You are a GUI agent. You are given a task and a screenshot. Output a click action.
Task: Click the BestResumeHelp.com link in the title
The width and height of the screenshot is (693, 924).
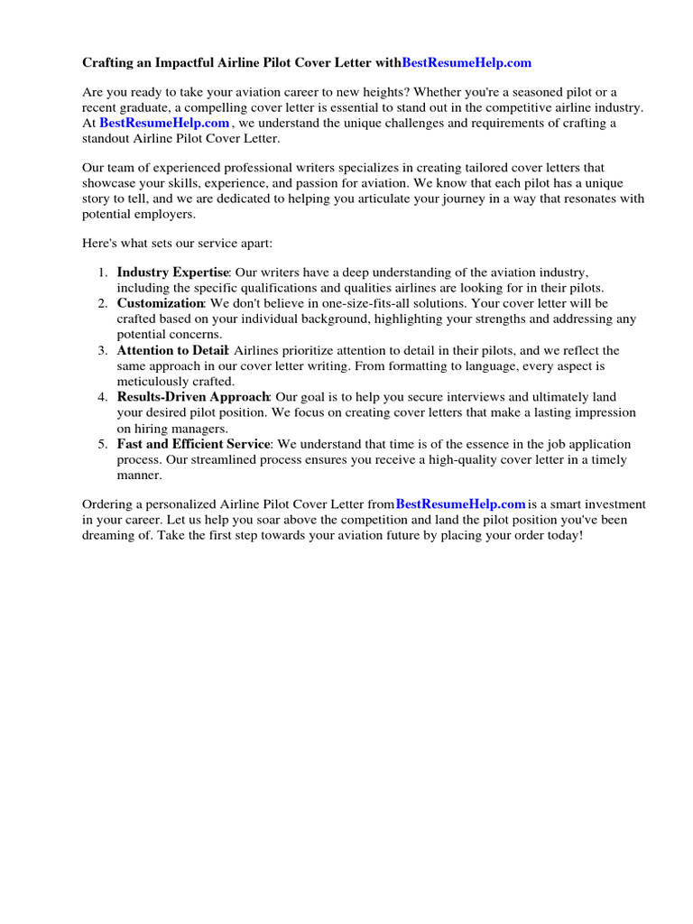coord(467,62)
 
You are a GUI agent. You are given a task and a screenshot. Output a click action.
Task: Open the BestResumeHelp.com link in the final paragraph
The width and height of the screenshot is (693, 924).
coord(460,504)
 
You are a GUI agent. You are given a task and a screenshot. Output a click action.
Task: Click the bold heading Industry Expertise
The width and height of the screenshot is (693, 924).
coord(173,272)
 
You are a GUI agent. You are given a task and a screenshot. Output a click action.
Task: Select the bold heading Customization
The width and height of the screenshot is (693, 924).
coord(161,302)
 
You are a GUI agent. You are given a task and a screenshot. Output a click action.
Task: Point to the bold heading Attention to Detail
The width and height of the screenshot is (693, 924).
coord(173,349)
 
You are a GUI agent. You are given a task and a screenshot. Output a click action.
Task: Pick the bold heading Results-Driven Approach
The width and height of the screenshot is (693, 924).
coord(193,396)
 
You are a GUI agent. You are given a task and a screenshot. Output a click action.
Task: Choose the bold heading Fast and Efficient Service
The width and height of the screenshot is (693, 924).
coord(193,443)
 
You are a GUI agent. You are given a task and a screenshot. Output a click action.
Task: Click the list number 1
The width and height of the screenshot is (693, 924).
coord(103,272)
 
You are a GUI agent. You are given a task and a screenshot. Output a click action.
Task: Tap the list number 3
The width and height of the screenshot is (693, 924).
coord(103,349)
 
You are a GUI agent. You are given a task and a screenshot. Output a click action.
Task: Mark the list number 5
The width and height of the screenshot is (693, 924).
coord(103,443)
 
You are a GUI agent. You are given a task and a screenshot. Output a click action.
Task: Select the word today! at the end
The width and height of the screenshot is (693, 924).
coord(564,536)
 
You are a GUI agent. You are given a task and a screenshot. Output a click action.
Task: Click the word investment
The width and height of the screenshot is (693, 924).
coord(607,504)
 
